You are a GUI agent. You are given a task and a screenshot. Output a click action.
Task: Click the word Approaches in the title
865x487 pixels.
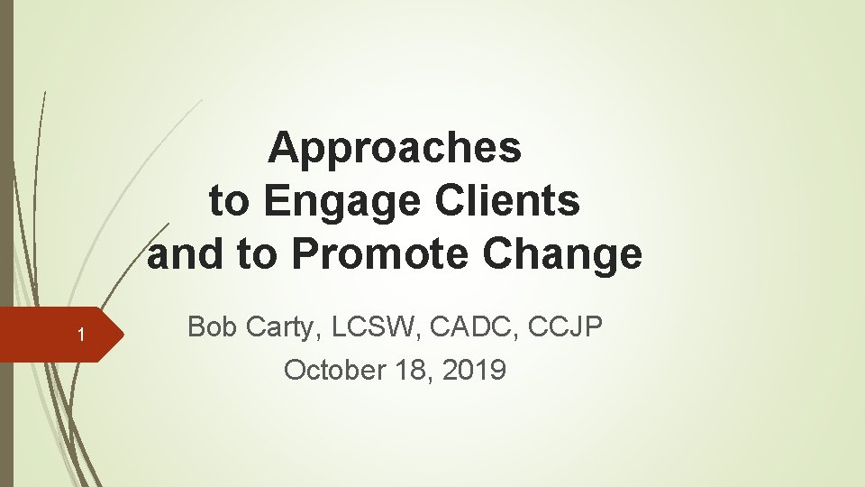pyautogui.click(x=395, y=148)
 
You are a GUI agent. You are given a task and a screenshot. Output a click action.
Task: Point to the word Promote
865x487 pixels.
pyautogui.click(x=383, y=254)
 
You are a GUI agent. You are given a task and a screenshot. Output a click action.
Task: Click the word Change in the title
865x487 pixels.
pyautogui.click(x=563, y=254)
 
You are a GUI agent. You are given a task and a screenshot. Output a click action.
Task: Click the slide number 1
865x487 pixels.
pyautogui.click(x=80, y=336)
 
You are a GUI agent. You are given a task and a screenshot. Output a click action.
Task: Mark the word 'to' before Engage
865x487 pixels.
pyautogui.click(x=228, y=201)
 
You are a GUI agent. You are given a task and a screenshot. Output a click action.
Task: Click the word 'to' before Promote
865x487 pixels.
pyautogui.click(x=257, y=254)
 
